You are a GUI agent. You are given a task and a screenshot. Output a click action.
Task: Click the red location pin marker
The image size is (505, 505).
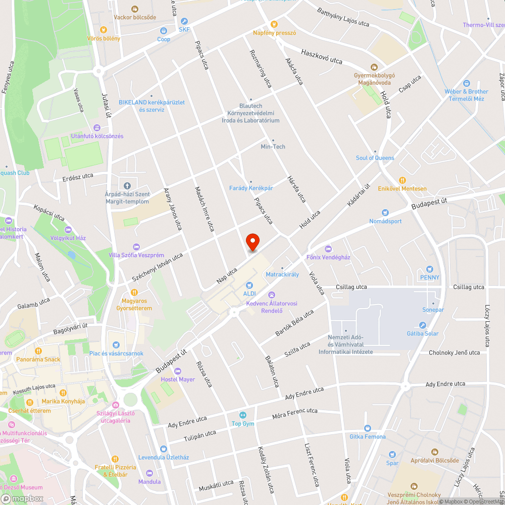252,242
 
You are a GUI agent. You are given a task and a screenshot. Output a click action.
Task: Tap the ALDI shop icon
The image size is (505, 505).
249,285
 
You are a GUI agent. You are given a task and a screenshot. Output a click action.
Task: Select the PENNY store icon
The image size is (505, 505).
430,269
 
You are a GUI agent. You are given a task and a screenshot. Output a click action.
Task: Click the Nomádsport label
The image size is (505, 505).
385,221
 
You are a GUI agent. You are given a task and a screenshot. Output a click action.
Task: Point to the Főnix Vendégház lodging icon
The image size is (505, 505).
328,249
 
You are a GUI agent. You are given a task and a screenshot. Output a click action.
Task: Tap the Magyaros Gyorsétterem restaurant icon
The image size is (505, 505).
134,292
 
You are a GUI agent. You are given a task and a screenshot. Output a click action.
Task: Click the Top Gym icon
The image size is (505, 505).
243,415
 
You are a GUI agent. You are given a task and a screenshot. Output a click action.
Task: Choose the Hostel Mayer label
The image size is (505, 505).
178,379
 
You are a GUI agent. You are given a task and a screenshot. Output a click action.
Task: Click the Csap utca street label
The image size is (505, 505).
409,83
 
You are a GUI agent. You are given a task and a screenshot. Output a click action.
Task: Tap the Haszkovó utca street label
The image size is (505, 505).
322,56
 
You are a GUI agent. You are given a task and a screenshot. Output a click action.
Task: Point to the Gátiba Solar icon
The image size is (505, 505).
423,325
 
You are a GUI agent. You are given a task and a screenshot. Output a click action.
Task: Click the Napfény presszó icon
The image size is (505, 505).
274,24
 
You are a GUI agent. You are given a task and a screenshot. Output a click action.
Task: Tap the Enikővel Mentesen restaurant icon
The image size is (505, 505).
402,180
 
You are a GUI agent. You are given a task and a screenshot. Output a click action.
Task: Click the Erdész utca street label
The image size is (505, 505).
78,176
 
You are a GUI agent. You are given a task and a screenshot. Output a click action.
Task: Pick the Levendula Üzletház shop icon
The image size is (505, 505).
163,448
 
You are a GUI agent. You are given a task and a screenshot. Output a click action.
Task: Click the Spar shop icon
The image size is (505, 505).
392,454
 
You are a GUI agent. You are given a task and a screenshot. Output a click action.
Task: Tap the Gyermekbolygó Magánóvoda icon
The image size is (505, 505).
374,67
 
